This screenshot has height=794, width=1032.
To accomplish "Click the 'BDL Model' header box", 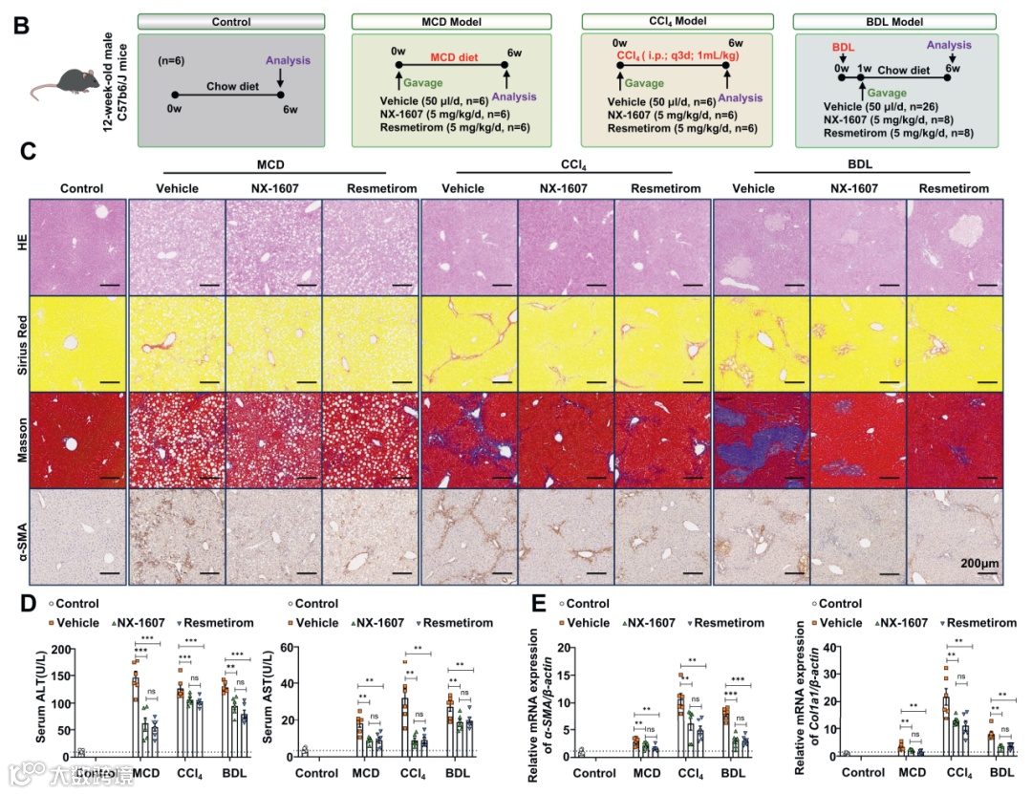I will pyautogui.click(x=896, y=22).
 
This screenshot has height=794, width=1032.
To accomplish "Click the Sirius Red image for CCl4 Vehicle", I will pyautogui.click(x=468, y=342).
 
